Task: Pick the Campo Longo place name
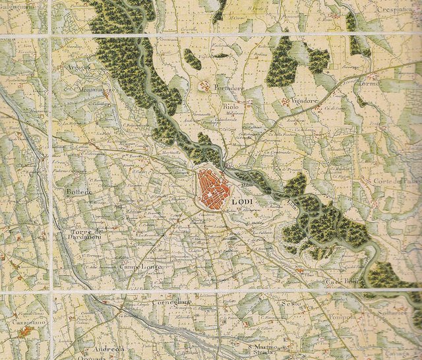coord(140,267)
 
